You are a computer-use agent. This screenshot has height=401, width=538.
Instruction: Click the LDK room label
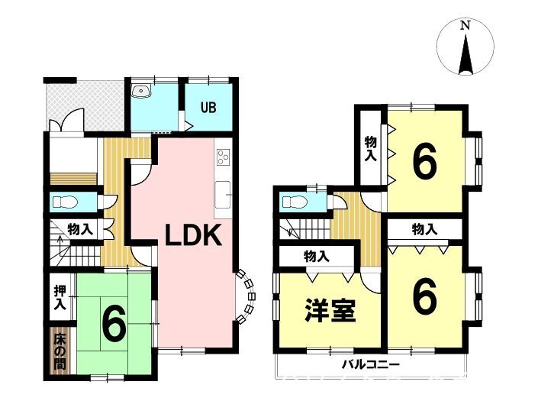pos(193,235)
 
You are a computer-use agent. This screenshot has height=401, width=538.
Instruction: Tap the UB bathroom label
pos(208,108)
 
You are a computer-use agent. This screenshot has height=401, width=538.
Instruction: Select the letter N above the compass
pos(465,26)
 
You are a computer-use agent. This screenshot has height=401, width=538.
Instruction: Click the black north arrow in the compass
pos(466,55)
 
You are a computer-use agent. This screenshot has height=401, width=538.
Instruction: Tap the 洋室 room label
pos(330,310)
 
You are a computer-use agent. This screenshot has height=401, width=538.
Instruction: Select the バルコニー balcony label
pos(371,364)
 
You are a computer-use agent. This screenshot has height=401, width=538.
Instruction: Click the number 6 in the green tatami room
pos(114,326)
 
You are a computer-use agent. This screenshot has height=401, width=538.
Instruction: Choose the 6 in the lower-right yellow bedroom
pos(425,296)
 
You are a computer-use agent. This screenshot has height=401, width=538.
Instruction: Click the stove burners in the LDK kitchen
pos(223,158)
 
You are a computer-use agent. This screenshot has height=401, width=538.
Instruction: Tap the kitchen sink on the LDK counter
pos(223,195)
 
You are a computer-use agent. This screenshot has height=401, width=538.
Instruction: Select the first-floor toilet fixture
pos(64,202)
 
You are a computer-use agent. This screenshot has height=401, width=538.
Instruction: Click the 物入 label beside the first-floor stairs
pos(80,229)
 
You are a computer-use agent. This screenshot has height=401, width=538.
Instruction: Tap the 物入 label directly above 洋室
pos(317,256)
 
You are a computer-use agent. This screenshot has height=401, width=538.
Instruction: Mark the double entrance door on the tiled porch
pos(66,120)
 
